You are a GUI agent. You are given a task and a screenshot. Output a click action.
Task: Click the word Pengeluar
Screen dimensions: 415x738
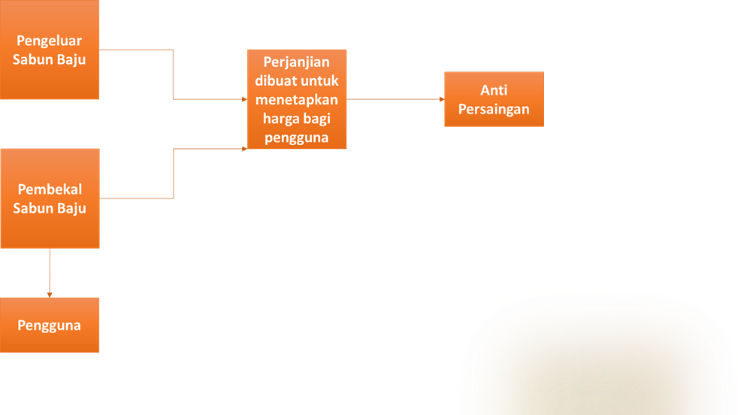coord(50,41)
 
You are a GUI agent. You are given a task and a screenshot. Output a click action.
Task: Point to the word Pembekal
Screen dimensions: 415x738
coord(50,189)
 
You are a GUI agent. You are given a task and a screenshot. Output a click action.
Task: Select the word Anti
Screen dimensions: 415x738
coord(494,90)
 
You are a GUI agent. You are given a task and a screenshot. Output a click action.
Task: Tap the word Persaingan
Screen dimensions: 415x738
coord(494,109)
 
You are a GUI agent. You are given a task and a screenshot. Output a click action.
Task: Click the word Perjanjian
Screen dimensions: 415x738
coord(297,62)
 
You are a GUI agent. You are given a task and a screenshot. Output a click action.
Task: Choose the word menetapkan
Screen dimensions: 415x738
coord(297,99)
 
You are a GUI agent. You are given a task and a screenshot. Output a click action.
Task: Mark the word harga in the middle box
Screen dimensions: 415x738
coord(280,118)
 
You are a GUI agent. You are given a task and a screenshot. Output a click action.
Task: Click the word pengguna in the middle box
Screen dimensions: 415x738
coord(297,137)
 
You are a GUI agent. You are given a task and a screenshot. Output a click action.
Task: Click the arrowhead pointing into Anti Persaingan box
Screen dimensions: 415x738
coord(440,99)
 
